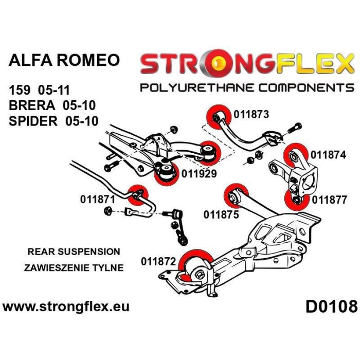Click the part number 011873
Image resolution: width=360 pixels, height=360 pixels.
click(251, 115)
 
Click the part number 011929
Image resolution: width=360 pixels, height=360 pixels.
click(199, 174)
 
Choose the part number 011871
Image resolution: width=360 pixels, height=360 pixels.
click(97, 198)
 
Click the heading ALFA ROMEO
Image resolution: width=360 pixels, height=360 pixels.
click(64, 60)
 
